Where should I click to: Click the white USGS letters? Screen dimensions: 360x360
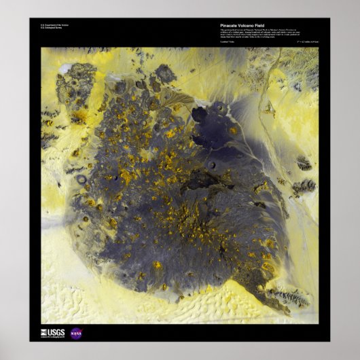coord(56,332)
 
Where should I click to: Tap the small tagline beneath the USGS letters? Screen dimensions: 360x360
coord(53,337)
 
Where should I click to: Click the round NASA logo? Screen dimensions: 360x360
coord(76,333)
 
